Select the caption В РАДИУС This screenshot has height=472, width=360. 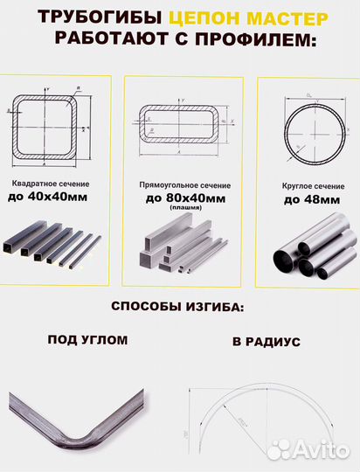[267, 342]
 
